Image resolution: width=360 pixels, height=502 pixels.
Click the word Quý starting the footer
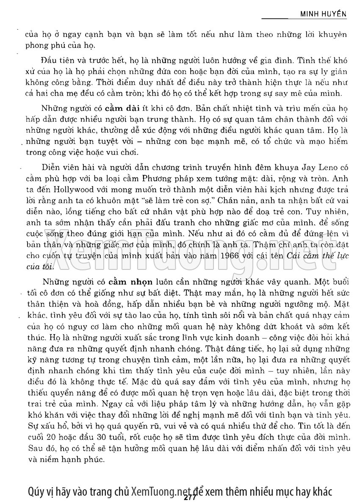tap(34, 491)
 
